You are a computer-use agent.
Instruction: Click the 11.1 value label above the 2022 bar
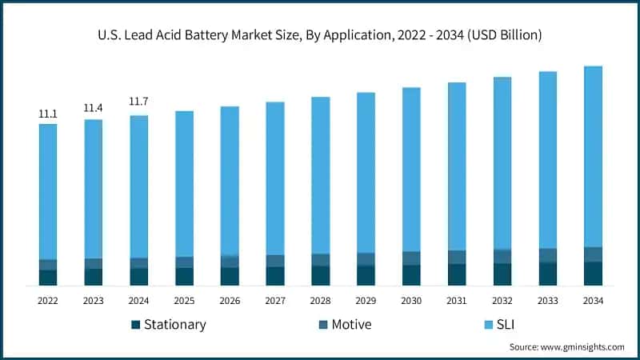48,114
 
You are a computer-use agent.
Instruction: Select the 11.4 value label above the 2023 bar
94,108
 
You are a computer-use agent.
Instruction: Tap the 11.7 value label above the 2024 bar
138,102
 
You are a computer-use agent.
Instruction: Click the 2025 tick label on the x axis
184,300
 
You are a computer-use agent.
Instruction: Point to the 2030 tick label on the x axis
411,300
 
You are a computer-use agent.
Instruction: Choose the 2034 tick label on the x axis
593,300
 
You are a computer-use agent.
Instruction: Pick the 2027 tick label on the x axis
275,300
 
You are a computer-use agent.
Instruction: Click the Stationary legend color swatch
136,325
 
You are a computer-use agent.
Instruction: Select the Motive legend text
351,325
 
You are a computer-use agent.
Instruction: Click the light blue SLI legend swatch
490,325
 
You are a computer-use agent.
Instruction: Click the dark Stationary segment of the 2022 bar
48,278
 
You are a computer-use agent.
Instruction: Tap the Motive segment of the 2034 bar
593,254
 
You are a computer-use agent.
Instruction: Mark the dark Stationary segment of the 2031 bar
457,274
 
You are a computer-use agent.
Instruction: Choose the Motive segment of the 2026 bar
230,262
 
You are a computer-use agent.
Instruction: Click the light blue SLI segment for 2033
547,160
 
